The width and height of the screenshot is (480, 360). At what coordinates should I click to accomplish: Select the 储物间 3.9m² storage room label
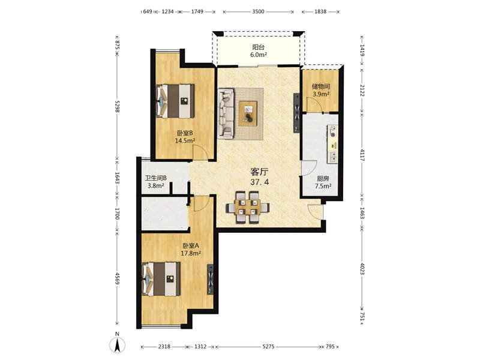321,91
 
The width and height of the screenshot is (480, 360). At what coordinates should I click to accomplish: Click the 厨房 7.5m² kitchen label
323,182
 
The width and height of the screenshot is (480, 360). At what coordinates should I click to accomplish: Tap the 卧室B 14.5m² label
185,137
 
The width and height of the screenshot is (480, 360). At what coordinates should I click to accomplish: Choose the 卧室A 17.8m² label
191,249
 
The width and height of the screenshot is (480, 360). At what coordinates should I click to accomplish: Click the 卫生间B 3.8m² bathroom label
156,182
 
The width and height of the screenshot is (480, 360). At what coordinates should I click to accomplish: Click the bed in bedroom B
175,101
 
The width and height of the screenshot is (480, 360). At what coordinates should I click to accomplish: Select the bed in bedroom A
161,279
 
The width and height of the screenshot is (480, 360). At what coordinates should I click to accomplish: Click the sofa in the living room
226,112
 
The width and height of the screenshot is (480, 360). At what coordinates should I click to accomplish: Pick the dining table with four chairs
248,207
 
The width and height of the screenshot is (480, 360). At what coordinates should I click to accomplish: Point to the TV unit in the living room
296,113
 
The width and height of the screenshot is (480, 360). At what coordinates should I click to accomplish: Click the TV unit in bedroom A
211,279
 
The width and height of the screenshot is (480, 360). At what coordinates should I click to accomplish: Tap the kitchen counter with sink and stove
333,143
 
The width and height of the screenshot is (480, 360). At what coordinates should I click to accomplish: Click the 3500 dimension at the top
258,11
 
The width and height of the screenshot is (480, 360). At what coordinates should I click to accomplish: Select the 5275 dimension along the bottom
268,347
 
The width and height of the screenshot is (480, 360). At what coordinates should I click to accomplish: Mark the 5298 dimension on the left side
116,106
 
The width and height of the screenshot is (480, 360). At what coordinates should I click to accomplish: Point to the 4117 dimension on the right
362,155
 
